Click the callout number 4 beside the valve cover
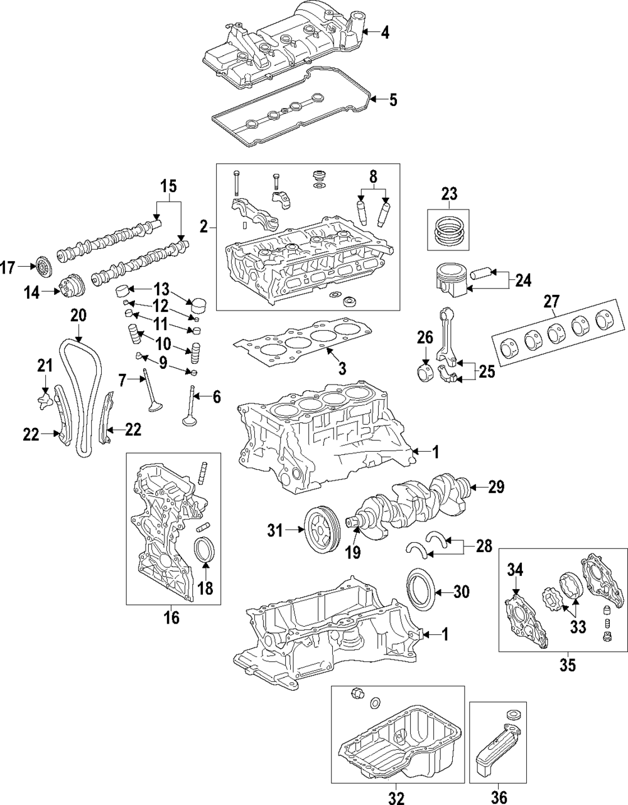[x=384, y=32]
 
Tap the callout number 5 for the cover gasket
[x=392, y=99]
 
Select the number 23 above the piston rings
[x=449, y=194]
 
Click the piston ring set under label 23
[x=449, y=232]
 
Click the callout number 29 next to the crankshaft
[x=496, y=487]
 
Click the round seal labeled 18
[x=205, y=552]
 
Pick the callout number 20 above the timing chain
[x=78, y=316]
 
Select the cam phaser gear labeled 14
[x=67, y=290]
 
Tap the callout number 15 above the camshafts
[x=168, y=186]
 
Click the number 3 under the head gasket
[x=342, y=368]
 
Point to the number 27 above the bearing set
[x=550, y=301]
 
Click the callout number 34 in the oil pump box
[x=515, y=570]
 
